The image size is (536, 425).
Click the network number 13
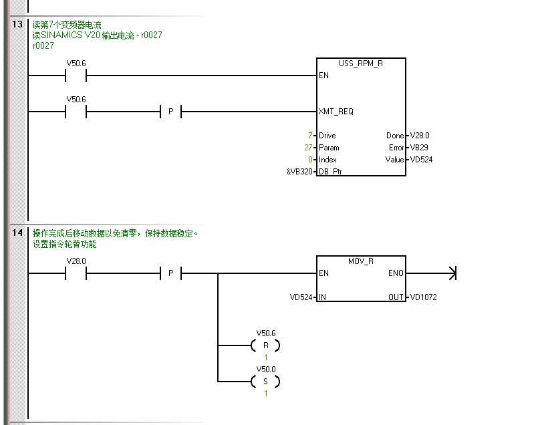coord(17,25)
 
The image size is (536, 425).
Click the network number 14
coord(17,233)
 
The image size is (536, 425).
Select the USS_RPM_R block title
coord(361,63)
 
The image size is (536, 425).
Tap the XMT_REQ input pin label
coord(336,112)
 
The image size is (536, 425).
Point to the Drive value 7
coord(311,136)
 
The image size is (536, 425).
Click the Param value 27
coord(309,148)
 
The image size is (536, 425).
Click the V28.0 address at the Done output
coord(420,136)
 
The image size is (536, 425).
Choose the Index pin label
coord(328,160)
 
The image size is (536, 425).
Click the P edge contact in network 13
coord(170,112)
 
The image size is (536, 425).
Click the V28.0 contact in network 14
coord(76,273)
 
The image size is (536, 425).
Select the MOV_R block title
coord(361,261)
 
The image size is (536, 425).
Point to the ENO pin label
coord(396,273)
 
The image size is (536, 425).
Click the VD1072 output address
coord(423,297)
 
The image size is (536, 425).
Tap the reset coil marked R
coord(265,345)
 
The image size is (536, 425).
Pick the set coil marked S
coord(265,382)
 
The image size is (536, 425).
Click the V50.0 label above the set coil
coord(265,369)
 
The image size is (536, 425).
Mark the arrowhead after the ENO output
coord(452,273)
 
